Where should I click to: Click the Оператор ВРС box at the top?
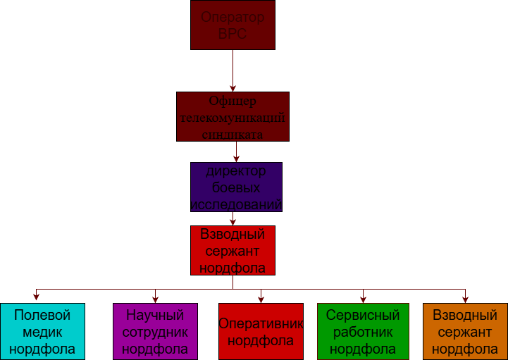coord(233,25)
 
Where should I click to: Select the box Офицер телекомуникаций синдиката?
coord(233,117)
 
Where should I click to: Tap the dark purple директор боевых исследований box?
coord(236,187)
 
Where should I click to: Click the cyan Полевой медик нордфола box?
coord(42,331)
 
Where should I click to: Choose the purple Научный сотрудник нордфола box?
coord(155,331)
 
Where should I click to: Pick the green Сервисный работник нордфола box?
coord(363,331)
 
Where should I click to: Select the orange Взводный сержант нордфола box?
coord(465,331)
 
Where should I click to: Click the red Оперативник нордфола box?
coord(261,331)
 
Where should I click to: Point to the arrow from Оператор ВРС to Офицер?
coord(233,70)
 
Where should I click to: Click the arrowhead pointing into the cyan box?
coord(36,299)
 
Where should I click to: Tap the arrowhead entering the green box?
coord(363,299)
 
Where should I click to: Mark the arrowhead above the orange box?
coord(465,299)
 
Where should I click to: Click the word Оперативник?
coord(261,324)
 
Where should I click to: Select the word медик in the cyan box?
coord(42,332)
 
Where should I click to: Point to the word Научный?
coord(155,315)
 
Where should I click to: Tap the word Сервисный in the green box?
coord(363,315)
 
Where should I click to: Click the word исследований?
coord(236,204)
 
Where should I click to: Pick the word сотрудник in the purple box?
coord(155,332)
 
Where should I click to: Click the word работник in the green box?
coord(363,332)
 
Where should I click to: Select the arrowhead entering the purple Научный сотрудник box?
coord(155,299)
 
